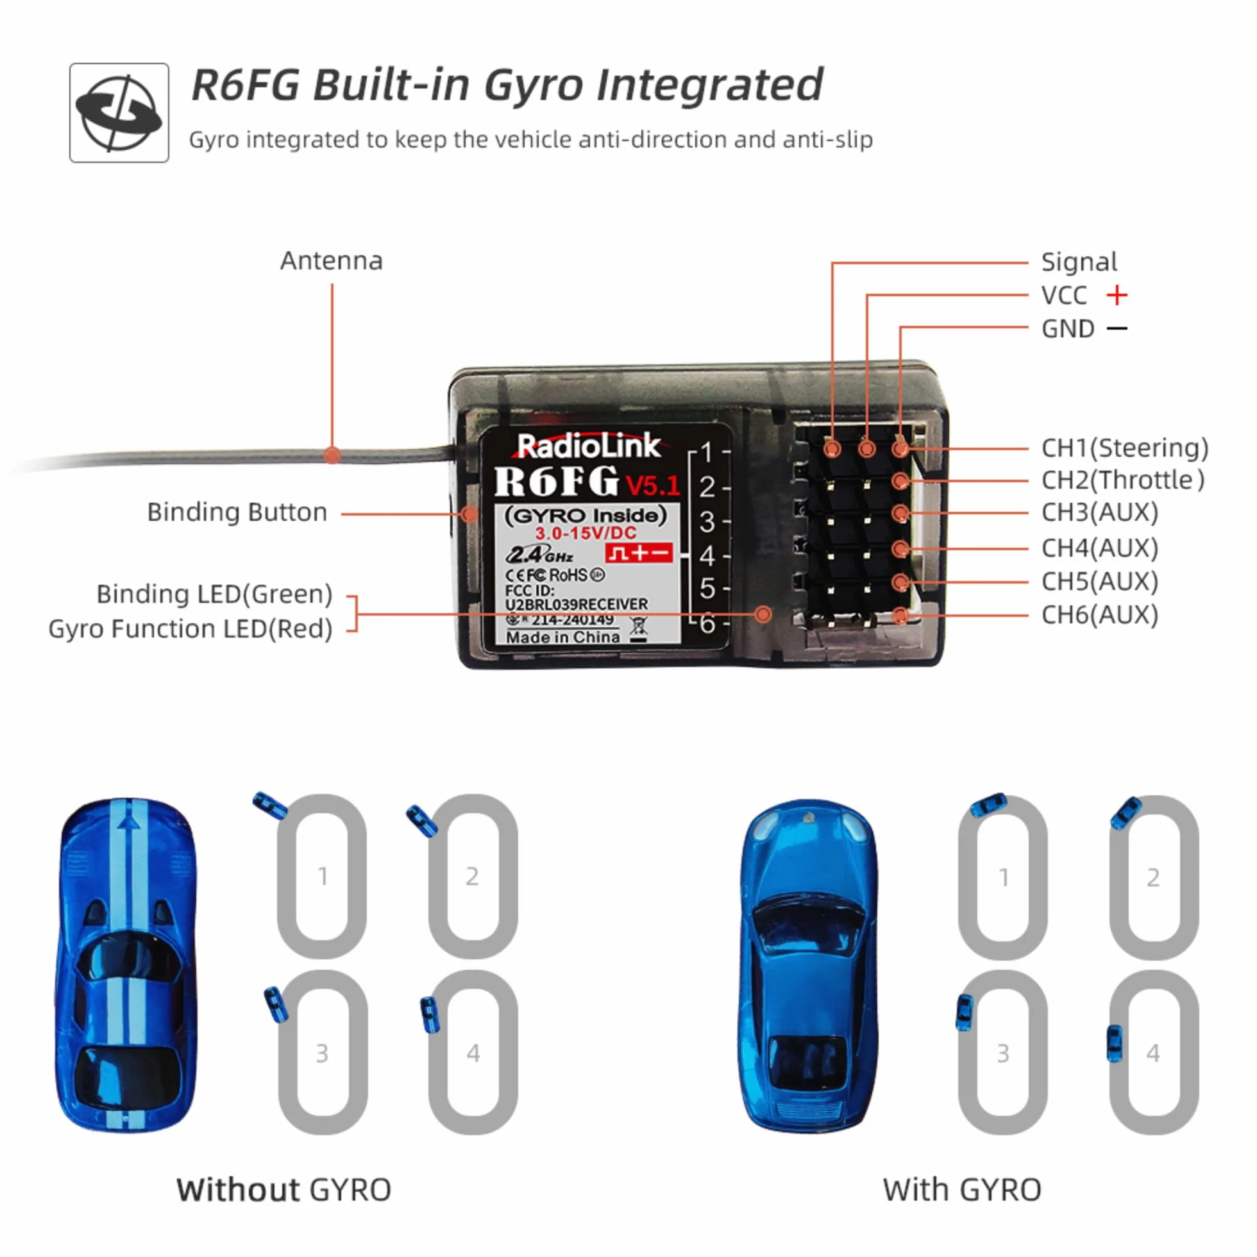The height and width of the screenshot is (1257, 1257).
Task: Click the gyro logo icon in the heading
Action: point(119,113)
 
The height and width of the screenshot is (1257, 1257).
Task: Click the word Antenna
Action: point(331,261)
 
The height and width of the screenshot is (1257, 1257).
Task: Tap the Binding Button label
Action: point(237,512)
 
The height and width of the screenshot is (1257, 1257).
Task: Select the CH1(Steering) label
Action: point(1125,448)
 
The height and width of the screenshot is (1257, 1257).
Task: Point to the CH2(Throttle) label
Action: point(1123,480)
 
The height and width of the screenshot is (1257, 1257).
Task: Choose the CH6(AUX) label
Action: point(1099,614)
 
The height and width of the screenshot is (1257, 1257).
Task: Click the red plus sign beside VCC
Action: point(1117,296)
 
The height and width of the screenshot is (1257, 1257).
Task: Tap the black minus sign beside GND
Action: point(1117,328)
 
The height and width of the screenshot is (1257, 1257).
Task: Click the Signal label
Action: point(1079,262)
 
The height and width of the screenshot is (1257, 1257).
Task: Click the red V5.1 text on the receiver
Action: point(652,485)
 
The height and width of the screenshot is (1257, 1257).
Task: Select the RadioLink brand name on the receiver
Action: point(588,446)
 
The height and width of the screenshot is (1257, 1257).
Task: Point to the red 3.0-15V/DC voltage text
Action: point(586,534)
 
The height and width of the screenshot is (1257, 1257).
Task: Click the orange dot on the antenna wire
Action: point(332,455)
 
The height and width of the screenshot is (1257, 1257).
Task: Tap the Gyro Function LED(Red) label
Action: point(190,628)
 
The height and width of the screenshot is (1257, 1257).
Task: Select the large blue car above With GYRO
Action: point(809,966)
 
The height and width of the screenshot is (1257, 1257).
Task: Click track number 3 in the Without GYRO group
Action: point(322,1053)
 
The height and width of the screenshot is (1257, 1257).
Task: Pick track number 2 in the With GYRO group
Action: point(1153,878)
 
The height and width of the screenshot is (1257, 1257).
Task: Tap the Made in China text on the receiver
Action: point(563,637)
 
